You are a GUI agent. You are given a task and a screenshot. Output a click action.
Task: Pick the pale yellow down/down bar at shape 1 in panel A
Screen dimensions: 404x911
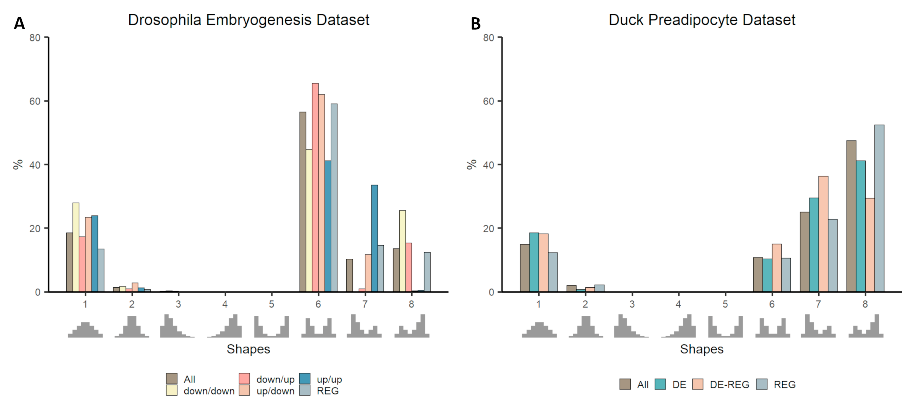[76, 247]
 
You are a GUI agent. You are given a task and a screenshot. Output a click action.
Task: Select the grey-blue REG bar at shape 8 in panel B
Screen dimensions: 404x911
[879, 208]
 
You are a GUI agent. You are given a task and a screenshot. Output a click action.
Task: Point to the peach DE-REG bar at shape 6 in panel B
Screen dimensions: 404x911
[777, 268]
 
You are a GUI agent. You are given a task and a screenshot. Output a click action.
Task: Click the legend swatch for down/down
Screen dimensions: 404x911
[172, 390]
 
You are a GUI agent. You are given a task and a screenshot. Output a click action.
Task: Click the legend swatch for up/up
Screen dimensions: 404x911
[305, 379]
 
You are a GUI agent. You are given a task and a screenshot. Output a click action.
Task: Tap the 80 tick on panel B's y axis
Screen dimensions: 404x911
[488, 37]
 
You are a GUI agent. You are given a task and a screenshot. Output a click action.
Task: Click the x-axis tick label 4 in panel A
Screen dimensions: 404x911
[225, 304]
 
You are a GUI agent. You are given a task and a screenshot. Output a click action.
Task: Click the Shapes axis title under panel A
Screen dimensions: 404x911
[248, 349]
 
